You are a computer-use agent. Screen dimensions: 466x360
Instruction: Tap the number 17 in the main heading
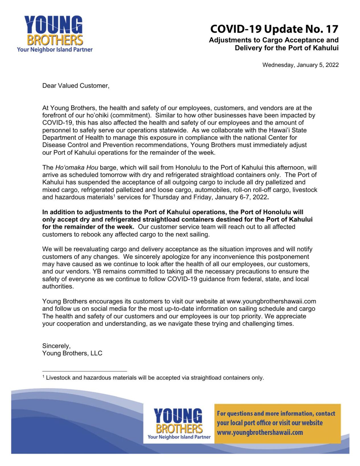click(x=332, y=29)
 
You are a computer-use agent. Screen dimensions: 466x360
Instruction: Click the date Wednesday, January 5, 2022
click(x=300, y=65)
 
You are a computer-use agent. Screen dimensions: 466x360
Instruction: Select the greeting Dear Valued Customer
click(x=76, y=86)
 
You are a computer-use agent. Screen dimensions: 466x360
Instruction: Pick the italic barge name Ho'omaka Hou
click(x=77, y=168)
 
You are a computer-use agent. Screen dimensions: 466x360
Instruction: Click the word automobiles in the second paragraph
click(x=212, y=190)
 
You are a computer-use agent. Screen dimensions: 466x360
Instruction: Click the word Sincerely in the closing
click(x=56, y=346)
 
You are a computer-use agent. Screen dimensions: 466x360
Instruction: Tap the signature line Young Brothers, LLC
click(x=72, y=353)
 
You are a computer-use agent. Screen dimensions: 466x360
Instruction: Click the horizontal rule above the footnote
click(x=85, y=371)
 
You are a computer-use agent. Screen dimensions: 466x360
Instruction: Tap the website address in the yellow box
click(x=260, y=433)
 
